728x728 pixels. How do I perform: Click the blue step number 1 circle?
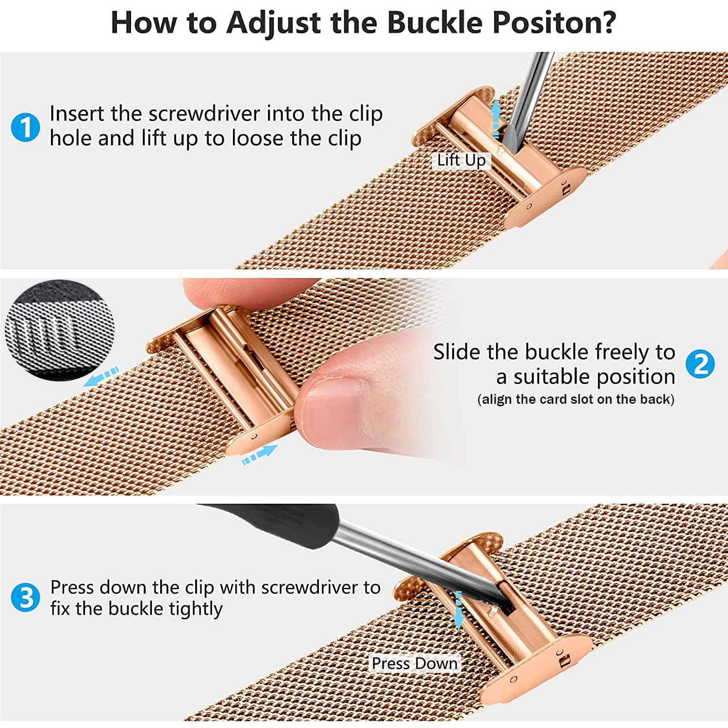point(25,127)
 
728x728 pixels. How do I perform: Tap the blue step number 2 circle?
point(700,364)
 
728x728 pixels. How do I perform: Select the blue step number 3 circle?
point(25,597)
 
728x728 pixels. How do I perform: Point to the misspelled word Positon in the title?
point(554,22)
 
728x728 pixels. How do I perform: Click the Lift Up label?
point(461,160)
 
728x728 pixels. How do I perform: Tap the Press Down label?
point(414,663)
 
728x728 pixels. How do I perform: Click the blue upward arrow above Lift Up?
point(496,118)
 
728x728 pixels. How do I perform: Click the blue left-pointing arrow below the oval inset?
point(101,377)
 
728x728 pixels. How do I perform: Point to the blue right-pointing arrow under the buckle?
point(260,455)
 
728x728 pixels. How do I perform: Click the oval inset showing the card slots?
point(60,330)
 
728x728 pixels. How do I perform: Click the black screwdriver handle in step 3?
point(272,524)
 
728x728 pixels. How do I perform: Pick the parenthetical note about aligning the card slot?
point(576,399)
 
